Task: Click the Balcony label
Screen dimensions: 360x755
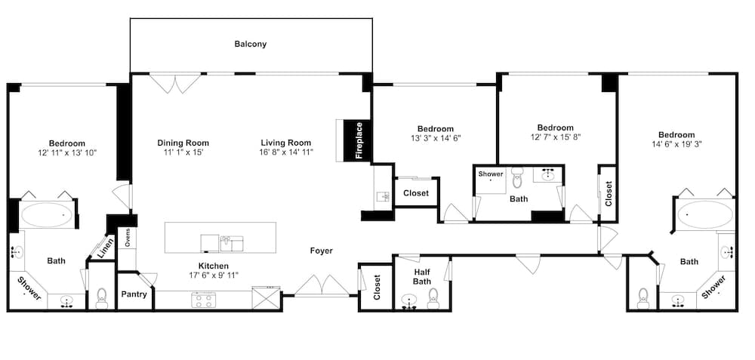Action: [x=250, y=44]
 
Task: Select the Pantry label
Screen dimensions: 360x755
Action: [x=134, y=294]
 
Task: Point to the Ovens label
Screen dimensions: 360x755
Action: [x=128, y=237]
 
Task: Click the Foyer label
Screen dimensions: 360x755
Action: [x=321, y=251]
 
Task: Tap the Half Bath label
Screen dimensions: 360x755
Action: [x=421, y=276]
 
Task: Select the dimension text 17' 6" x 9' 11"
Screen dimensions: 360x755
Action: [x=213, y=275]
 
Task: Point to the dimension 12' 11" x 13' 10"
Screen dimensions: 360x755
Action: [x=67, y=152]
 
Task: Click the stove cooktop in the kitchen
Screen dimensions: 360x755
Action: [x=204, y=300]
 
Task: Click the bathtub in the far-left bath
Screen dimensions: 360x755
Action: [x=48, y=217]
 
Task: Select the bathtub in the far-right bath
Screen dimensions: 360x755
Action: [x=704, y=215]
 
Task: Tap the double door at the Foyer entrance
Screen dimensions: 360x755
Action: [x=322, y=287]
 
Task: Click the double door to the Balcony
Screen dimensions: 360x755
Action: [x=175, y=83]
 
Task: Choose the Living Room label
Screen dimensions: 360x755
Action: [x=286, y=143]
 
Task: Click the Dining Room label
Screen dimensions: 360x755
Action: [x=183, y=143]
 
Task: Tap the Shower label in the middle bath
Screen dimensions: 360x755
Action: [x=490, y=174]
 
